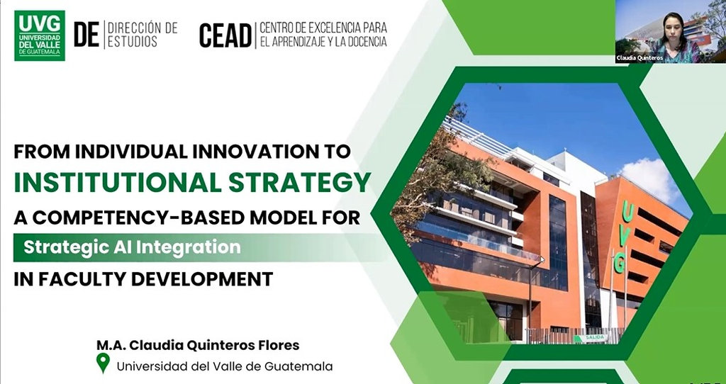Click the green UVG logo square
[40, 35]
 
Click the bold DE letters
[86, 35]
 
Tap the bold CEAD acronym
[225, 35]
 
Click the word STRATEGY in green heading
[300, 183]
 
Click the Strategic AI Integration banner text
[132, 247]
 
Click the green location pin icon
[103, 363]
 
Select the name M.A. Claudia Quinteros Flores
[198, 345]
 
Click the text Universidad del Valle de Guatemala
[225, 366]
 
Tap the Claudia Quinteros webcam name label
[640, 58]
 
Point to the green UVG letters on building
[623, 237]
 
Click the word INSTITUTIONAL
[118, 183]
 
